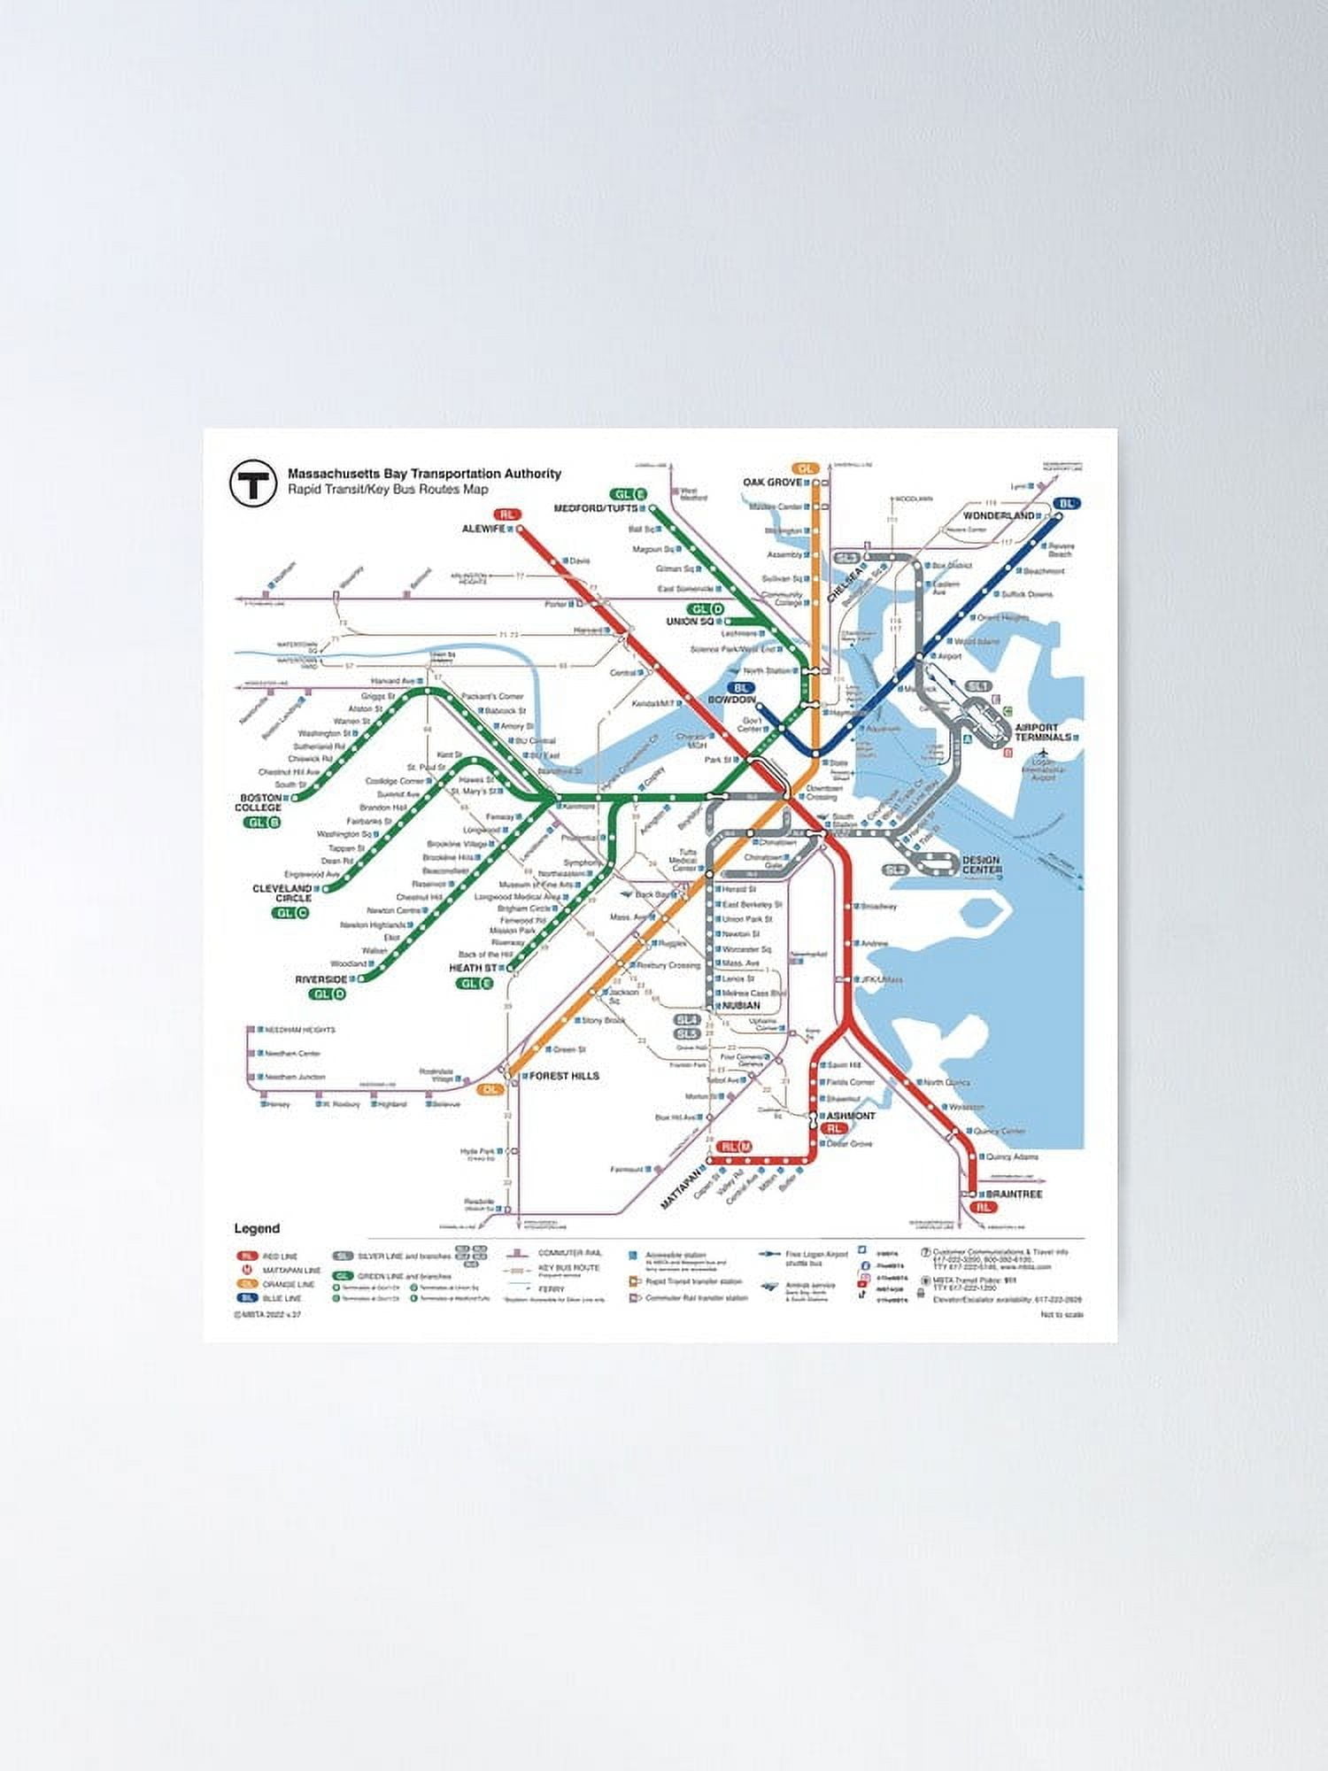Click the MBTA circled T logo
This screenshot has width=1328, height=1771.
pyautogui.click(x=251, y=483)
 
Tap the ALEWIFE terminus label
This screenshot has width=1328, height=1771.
pyautogui.click(x=483, y=529)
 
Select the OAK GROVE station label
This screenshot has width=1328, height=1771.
pyautogui.click(x=772, y=482)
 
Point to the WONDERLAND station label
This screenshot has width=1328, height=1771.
pyautogui.click(x=999, y=515)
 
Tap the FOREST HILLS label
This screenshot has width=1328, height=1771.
pyautogui.click(x=564, y=1076)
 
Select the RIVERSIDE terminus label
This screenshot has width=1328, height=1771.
pyautogui.click(x=321, y=979)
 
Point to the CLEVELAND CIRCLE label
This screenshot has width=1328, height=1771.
pyautogui.click(x=282, y=893)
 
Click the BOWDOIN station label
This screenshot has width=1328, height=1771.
pyautogui.click(x=730, y=700)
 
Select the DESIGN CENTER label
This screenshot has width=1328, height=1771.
pyautogui.click(x=981, y=864)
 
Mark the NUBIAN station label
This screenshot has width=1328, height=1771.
pyautogui.click(x=741, y=1005)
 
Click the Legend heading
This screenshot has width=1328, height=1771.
pyautogui.click(x=257, y=1228)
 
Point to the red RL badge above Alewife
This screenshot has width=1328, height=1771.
pyautogui.click(x=507, y=514)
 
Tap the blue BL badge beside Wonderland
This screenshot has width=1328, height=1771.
pyautogui.click(x=1067, y=503)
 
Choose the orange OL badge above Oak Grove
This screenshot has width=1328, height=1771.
pyautogui.click(x=805, y=468)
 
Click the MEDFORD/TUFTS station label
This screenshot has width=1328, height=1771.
pyautogui.click(x=595, y=508)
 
